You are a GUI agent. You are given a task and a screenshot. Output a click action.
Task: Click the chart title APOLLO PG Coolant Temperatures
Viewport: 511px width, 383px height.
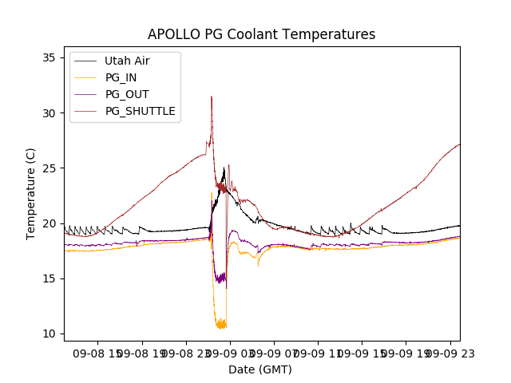click(x=261, y=34)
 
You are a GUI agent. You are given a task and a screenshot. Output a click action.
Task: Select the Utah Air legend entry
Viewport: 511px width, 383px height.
click(x=126, y=61)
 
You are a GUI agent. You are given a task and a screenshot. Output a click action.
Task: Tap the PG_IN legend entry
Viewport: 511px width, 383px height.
click(x=121, y=77)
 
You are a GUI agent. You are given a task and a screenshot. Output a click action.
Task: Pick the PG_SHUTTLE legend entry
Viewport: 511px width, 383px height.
click(x=140, y=111)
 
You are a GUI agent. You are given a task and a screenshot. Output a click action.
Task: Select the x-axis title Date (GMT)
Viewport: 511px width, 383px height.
click(x=260, y=369)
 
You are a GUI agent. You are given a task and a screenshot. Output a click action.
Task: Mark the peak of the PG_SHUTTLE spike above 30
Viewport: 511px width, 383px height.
click(x=212, y=97)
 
